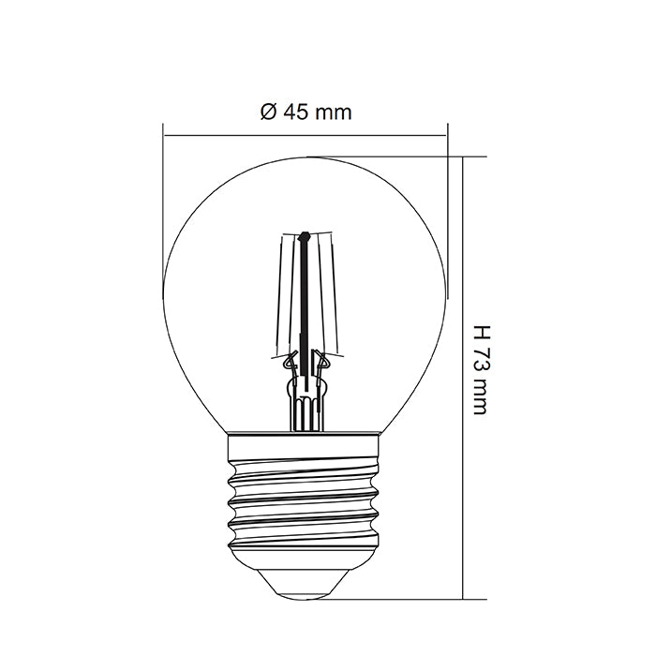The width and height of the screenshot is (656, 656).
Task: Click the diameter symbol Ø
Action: click(266, 112)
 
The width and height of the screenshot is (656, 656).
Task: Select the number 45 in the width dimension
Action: click(294, 112)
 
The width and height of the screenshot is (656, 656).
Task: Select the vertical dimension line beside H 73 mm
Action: click(464, 375)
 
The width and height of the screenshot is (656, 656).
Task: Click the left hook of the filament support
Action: click(290, 357)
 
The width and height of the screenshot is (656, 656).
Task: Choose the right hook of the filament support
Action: click(321, 357)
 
